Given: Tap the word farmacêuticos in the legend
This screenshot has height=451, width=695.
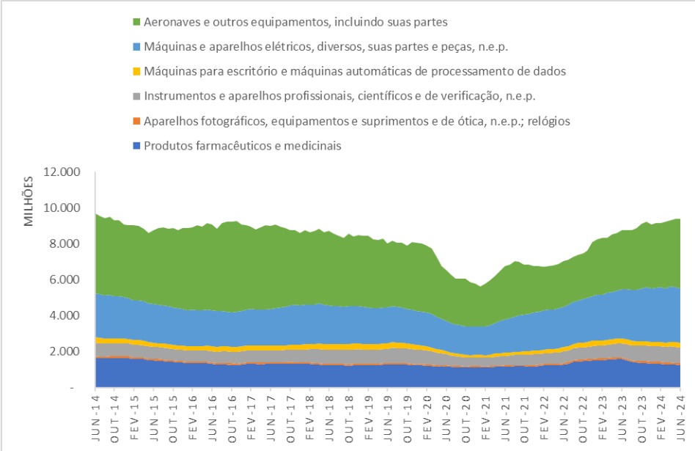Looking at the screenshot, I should [231, 145].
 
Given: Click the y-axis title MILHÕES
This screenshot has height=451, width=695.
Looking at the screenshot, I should [29, 200].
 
